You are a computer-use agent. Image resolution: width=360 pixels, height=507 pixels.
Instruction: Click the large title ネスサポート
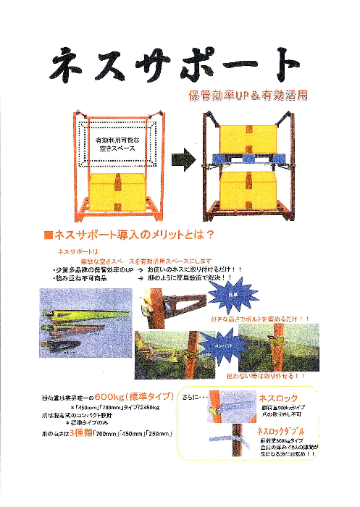(174, 67)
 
